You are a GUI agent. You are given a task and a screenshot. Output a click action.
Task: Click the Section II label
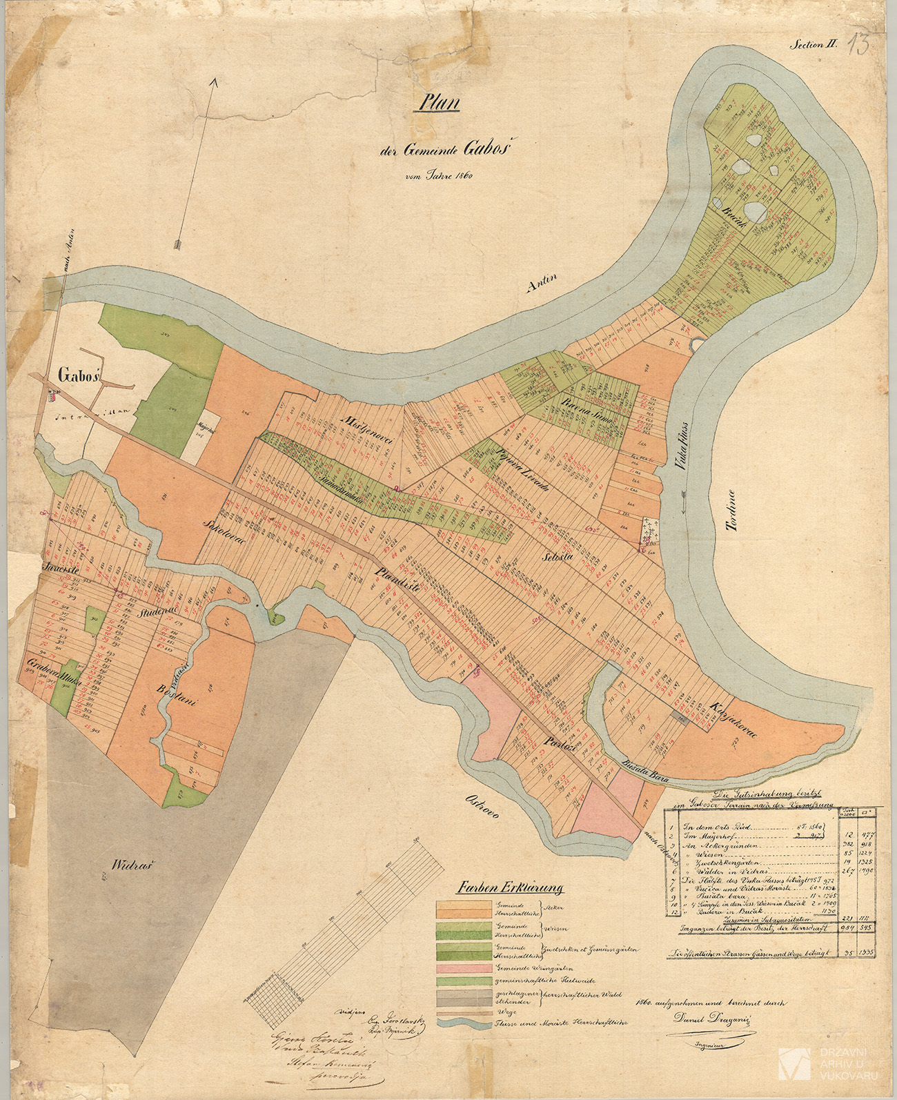(814, 44)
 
